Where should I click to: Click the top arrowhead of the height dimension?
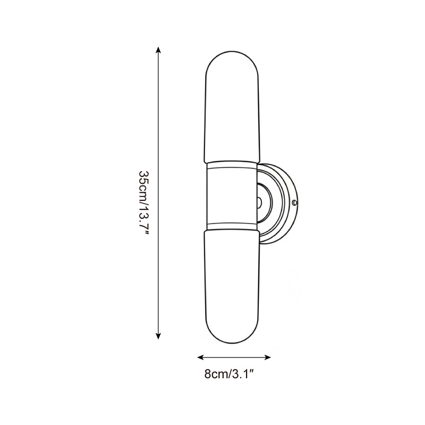pyautogui.click(x=158, y=50)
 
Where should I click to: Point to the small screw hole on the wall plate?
pyautogui.click(x=295, y=202)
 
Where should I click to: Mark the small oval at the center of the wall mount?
pyautogui.click(x=259, y=202)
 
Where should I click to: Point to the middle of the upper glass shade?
pyautogui.click(x=233, y=106)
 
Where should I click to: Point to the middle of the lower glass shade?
pyautogui.click(x=233, y=287)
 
